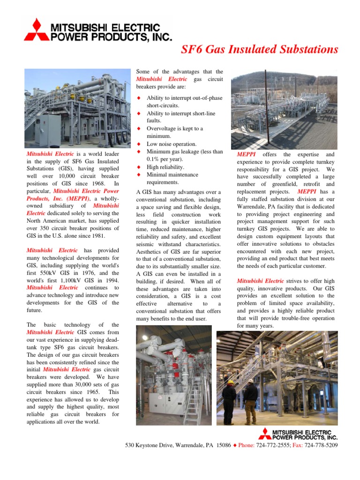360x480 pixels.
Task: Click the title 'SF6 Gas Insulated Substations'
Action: click(259, 49)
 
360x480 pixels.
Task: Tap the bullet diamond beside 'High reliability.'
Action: click(139, 167)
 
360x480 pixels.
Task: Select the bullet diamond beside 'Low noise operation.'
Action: click(139, 144)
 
